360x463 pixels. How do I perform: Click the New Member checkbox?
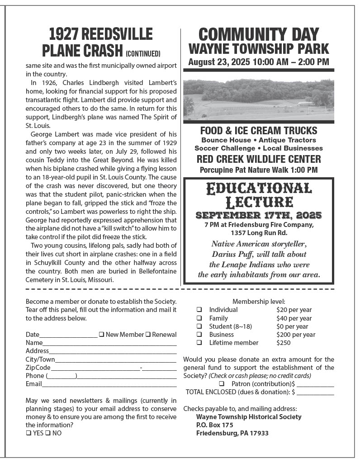click(x=102, y=335)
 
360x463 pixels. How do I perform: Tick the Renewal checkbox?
click(x=148, y=335)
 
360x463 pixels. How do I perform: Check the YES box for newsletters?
click(x=28, y=433)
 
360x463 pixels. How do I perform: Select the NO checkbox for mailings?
click(x=48, y=433)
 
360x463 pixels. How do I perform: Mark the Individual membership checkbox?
click(x=199, y=310)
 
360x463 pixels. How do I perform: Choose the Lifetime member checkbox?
click(x=199, y=343)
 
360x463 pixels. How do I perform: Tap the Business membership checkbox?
click(x=199, y=335)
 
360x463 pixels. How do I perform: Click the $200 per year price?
click(x=295, y=335)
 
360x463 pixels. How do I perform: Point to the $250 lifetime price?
click(x=283, y=343)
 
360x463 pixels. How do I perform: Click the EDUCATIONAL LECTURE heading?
click(x=258, y=194)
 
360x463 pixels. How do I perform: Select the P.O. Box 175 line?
click(x=214, y=425)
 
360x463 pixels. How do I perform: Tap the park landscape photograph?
click(x=258, y=99)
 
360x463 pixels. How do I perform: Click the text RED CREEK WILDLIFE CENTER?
click(x=258, y=159)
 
